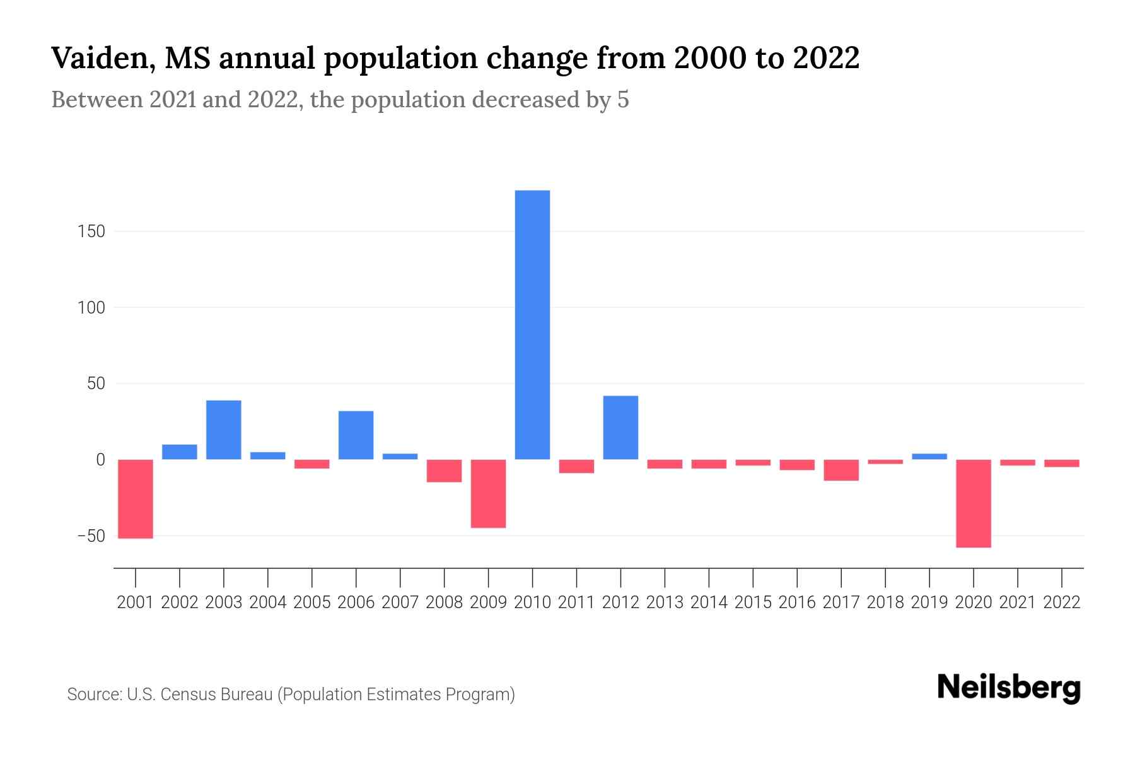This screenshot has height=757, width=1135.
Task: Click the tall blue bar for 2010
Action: click(x=532, y=325)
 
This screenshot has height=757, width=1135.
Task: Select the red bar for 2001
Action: click(x=136, y=498)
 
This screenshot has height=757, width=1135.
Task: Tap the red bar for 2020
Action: click(x=974, y=503)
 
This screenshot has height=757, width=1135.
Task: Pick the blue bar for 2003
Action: click(x=224, y=430)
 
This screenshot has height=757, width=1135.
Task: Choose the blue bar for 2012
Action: click(x=620, y=427)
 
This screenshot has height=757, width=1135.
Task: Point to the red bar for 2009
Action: click(x=488, y=493)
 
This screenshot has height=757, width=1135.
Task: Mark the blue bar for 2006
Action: click(x=356, y=435)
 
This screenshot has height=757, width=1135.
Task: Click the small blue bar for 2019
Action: click(x=929, y=456)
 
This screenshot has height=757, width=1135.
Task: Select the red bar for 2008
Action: click(x=444, y=471)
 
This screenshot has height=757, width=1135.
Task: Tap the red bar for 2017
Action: click(x=841, y=470)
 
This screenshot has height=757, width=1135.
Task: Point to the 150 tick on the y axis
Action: click(x=92, y=232)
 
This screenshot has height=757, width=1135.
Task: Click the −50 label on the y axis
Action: click(x=91, y=536)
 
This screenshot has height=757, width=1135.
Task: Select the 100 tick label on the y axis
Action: click(x=92, y=308)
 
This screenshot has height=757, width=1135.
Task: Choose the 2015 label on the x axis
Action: click(x=753, y=602)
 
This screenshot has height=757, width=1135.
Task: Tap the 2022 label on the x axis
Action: click(x=1062, y=602)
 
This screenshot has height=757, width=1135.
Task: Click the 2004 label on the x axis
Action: click(x=268, y=602)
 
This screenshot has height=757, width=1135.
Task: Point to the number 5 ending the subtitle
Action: click(x=623, y=100)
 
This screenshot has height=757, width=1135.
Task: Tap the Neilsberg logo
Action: click(x=1009, y=688)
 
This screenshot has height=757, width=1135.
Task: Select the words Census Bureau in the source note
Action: click(x=218, y=695)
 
